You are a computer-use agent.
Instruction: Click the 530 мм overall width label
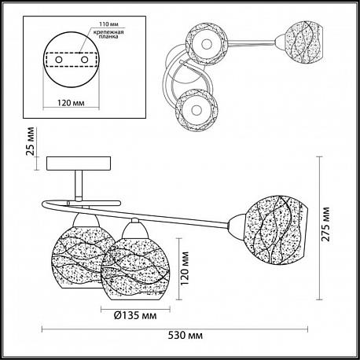click(186, 335)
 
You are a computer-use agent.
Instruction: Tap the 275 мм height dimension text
click(325, 224)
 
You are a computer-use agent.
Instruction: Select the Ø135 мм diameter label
click(135, 315)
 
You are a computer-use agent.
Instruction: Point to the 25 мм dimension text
click(30, 141)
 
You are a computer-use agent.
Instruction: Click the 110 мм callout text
click(108, 24)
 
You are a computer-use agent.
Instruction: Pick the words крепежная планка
click(108, 35)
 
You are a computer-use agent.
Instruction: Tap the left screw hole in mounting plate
click(58, 60)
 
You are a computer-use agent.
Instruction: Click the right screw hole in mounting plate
click(84, 60)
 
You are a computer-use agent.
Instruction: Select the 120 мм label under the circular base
click(71, 103)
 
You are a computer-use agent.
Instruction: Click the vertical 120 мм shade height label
click(185, 269)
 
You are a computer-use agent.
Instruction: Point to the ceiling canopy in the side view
click(79, 163)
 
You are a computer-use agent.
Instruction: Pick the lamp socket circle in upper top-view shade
click(207, 44)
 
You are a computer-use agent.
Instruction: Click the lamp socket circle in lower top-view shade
click(197, 110)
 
